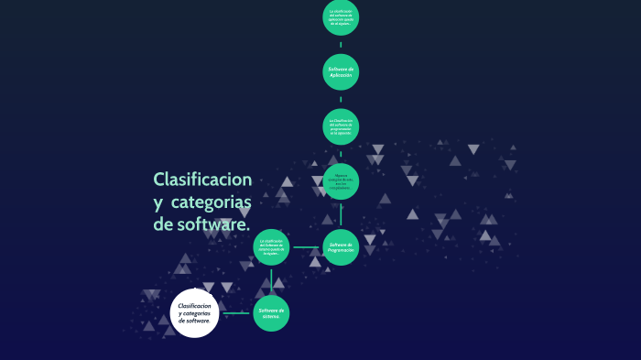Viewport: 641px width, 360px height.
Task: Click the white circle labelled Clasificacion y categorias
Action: [x=195, y=312]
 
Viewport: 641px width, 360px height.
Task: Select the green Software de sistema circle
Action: [x=271, y=312]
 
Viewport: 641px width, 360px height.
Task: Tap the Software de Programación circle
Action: [x=341, y=247]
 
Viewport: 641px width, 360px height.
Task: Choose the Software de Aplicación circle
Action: [x=341, y=71]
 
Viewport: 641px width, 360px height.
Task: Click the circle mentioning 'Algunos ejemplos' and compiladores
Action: [x=341, y=181]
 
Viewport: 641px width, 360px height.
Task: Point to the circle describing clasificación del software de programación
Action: [x=341, y=126]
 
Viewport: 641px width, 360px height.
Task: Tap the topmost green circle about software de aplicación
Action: [x=341, y=18]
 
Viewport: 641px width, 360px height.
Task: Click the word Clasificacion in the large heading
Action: [x=202, y=179]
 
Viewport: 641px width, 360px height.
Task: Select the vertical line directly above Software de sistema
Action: [x=271, y=280]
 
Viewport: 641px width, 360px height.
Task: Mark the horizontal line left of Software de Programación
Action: [x=306, y=247]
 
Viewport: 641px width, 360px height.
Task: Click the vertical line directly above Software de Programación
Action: [x=341, y=214]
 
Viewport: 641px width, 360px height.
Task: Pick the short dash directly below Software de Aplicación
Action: [x=341, y=99]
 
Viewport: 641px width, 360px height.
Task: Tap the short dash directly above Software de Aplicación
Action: [x=341, y=45]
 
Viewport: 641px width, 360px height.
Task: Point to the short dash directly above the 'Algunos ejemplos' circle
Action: [x=341, y=154]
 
